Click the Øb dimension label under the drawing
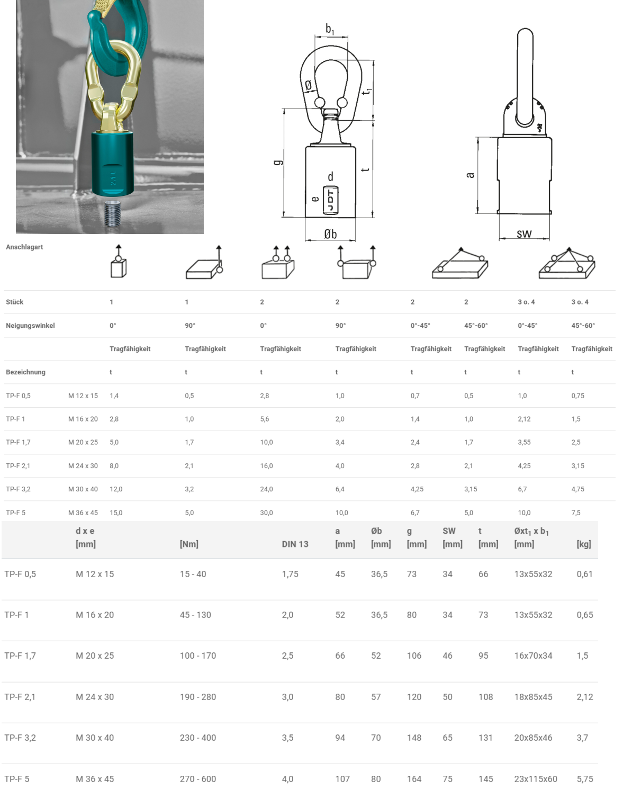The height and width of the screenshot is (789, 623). [x=330, y=234]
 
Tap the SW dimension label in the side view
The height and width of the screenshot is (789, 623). [x=524, y=234]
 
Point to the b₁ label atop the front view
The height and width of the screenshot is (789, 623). [x=330, y=29]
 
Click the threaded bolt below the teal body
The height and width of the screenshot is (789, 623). [x=113, y=213]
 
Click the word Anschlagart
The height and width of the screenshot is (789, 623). [x=24, y=247]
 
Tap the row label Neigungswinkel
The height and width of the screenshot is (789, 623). [x=30, y=326]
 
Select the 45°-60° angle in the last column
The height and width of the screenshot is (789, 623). [x=583, y=326]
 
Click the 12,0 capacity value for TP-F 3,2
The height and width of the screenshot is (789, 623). [x=116, y=489]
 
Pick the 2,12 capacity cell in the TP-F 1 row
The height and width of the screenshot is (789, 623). [x=524, y=419]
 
